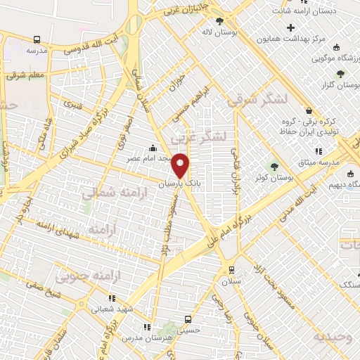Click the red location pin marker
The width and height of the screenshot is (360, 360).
181,166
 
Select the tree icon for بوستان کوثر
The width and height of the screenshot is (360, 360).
275,167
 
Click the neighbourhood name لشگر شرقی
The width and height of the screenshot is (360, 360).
257,101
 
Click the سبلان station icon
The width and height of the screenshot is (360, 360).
231,270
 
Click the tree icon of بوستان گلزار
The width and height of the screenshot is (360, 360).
341,73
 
